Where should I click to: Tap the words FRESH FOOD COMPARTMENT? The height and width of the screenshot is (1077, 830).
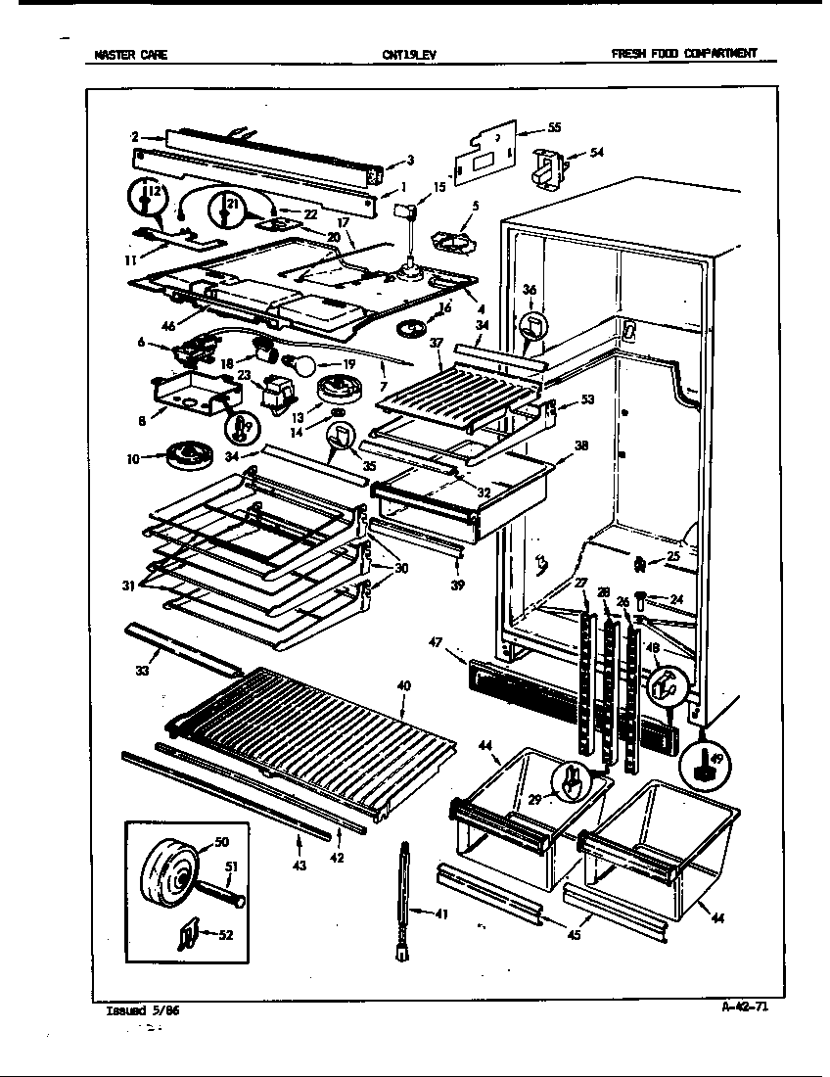pyautogui.click(x=683, y=55)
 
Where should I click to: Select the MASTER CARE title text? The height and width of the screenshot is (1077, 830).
pyautogui.click(x=130, y=56)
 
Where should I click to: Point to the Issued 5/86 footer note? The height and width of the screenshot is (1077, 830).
pyautogui.click(x=142, y=1012)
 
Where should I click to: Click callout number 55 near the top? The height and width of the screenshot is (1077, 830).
pyautogui.click(x=553, y=127)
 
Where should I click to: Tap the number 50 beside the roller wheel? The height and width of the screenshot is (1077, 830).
pyautogui.click(x=220, y=841)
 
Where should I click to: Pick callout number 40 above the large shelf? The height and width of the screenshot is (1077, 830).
pyautogui.click(x=403, y=685)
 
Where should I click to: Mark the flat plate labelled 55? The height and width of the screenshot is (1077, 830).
pyautogui.click(x=486, y=153)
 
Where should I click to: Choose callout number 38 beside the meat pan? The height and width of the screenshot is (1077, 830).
pyautogui.click(x=581, y=445)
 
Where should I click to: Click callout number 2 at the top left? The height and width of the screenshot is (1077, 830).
pyautogui.click(x=134, y=136)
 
